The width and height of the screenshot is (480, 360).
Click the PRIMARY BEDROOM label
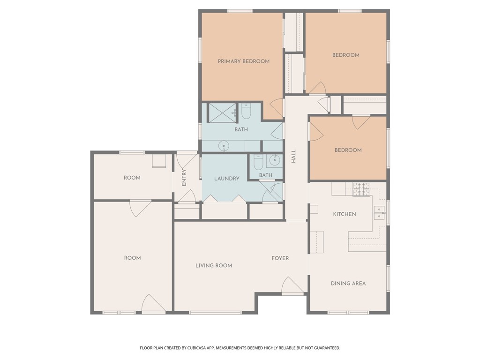[243, 61]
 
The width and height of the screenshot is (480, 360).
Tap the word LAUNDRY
[227, 179]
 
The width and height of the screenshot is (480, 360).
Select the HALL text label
[294, 157]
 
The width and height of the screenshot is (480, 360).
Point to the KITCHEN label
[345, 214]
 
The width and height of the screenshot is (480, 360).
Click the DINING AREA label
[348, 283]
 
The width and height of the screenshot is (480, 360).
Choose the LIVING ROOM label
[214, 265]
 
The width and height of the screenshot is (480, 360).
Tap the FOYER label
[280, 258]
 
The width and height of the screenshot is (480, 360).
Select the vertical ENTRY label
[184, 177]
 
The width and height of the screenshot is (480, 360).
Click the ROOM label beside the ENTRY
[132, 178]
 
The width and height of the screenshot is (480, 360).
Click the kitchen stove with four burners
[361, 188]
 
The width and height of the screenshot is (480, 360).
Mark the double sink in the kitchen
[379, 213]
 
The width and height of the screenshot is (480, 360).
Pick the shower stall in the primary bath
[222, 113]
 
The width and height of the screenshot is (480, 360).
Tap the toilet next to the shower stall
[247, 112]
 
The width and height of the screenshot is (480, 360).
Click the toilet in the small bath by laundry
[258, 162]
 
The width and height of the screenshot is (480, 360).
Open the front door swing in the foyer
[292, 286]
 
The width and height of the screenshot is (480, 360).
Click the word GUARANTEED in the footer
[324, 348]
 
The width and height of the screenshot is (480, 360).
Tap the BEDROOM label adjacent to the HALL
[348, 150]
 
